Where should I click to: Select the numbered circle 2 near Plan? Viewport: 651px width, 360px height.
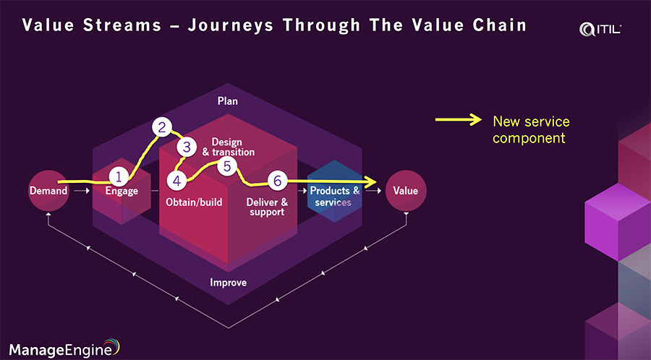[163, 129]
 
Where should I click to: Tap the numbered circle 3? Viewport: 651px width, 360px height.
[187, 147]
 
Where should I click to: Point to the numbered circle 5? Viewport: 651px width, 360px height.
[227, 167]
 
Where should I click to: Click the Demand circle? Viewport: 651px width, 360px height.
[48, 191]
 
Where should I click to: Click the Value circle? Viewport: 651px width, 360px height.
[405, 191]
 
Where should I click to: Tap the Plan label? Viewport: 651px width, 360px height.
[227, 101]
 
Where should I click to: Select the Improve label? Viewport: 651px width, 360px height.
[227, 283]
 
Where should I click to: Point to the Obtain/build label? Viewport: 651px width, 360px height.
[194, 202]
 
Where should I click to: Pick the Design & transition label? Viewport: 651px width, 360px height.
[229, 147]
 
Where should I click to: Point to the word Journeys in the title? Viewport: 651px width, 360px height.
[235, 26]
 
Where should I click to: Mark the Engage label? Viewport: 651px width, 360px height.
[121, 192]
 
